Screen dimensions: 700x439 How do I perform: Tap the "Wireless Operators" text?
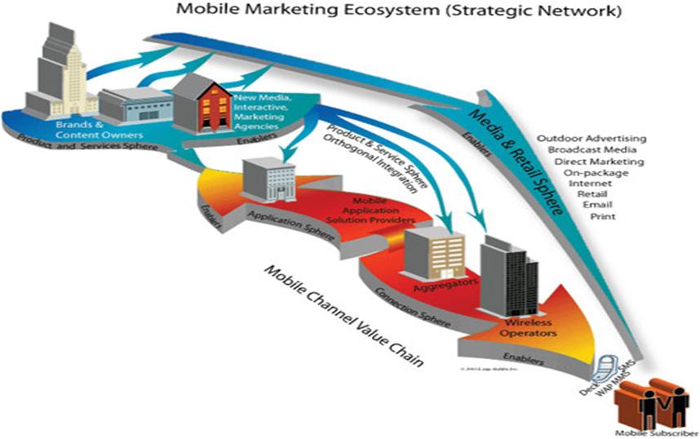click(x=529, y=329)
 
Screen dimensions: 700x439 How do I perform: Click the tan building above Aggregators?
click(x=433, y=248)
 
